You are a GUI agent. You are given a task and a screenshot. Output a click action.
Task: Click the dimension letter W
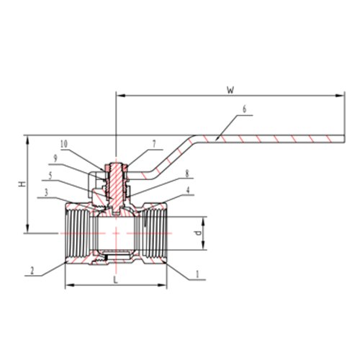(230, 90)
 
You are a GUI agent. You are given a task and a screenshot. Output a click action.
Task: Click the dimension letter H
(22, 184)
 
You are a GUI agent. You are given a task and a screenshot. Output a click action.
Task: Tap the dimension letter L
(116, 279)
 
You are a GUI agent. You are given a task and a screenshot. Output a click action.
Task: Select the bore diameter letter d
(198, 233)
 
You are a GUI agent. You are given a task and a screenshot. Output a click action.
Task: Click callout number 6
(244, 109)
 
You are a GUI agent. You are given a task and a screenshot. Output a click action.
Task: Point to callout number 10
(64, 144)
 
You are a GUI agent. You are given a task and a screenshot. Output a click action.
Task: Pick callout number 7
(154, 143)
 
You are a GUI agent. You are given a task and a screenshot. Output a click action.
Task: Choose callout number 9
(55, 158)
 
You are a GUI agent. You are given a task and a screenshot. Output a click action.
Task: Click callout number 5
(50, 176)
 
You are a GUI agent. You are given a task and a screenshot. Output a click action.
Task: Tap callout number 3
(46, 192)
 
